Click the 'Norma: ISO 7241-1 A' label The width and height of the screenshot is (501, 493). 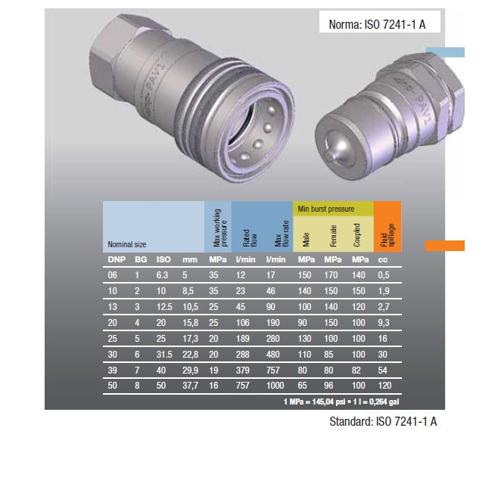[x=377, y=24]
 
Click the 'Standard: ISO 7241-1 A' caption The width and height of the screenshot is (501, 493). [x=384, y=422]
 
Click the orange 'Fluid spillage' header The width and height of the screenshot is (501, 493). [x=387, y=227]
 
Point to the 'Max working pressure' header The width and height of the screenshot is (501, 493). [x=216, y=227]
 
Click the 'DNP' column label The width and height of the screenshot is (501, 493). [x=116, y=260]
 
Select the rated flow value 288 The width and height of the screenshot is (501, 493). [x=243, y=353]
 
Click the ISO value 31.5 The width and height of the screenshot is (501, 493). [x=162, y=353]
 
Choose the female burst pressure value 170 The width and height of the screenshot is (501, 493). [x=332, y=274]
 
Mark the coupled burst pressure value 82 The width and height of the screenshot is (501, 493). [x=358, y=370]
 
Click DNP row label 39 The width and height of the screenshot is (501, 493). [x=113, y=370]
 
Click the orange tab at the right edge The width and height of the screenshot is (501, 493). [x=444, y=245]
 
